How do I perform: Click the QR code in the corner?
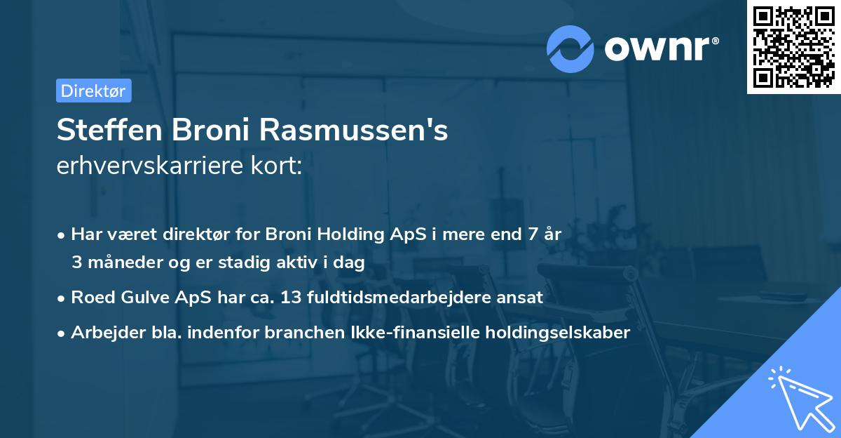pos(793,46)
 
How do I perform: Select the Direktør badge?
pos(93,91)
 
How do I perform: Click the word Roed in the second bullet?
pos(91,298)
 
